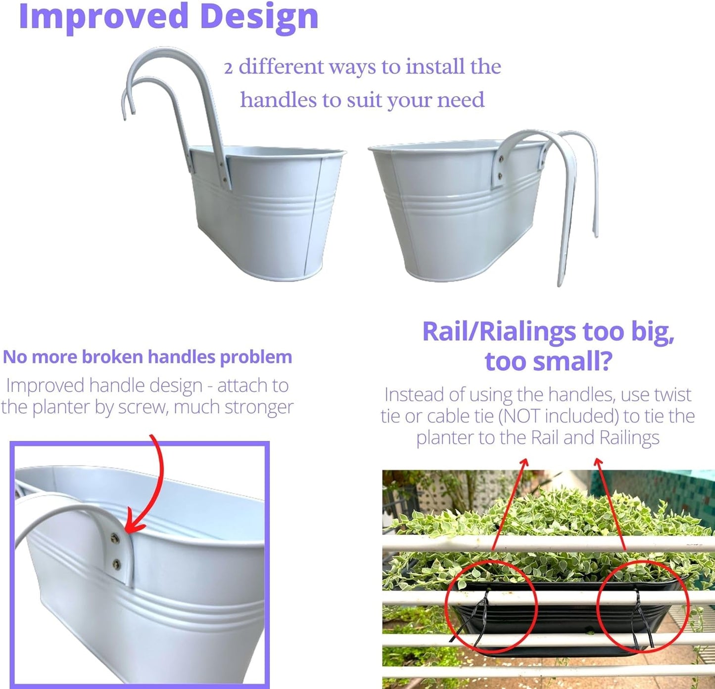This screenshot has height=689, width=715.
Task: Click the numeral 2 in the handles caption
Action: (x=228, y=68)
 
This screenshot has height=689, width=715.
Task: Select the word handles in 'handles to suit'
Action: (x=278, y=100)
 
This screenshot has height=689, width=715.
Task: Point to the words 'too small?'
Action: (x=548, y=361)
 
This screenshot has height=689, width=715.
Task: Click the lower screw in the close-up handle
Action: (x=116, y=564)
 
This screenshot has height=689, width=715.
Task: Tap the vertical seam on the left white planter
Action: (x=314, y=217)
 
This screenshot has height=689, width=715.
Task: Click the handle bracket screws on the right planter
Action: (x=500, y=168)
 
